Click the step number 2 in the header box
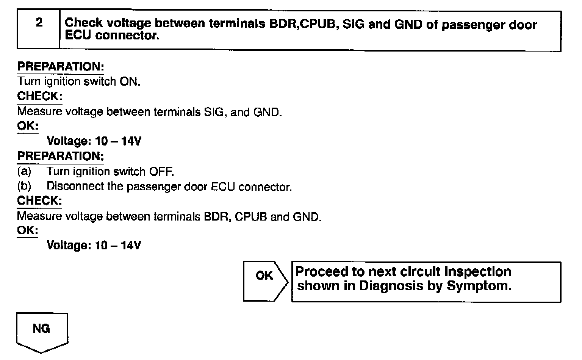point(39,23)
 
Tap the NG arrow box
point(41,330)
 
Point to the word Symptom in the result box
point(479,286)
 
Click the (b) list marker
point(24,186)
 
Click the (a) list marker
point(24,172)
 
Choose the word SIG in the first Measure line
point(215,112)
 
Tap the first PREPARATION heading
point(61,67)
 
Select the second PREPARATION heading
point(61,156)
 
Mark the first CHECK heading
point(39,96)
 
